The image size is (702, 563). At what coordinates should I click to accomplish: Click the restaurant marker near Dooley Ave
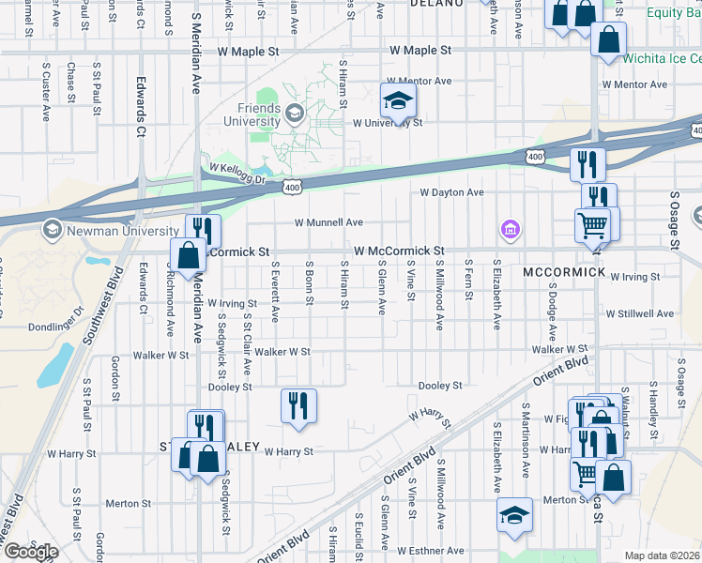click(298, 406)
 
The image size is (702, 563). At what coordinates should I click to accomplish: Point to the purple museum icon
click(509, 228)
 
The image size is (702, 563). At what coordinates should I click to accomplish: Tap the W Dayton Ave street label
click(451, 192)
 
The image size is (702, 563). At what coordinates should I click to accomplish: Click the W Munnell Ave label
click(328, 223)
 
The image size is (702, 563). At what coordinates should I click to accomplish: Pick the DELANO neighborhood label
click(436, 4)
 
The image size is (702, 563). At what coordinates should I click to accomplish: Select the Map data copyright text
click(663, 555)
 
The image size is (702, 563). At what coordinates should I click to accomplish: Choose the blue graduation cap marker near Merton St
click(513, 515)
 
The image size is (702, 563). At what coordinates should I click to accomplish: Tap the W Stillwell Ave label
click(640, 313)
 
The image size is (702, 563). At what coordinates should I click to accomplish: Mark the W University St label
click(388, 123)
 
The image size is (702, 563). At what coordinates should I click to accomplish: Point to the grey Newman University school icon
click(51, 230)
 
